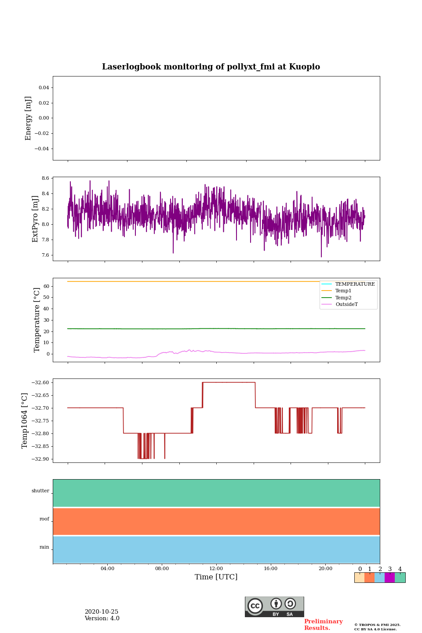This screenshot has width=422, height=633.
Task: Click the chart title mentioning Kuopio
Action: tap(211, 67)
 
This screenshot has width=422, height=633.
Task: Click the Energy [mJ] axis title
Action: tap(29, 118)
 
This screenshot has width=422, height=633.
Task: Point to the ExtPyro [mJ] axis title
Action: tap(36, 219)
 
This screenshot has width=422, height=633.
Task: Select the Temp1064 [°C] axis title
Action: tap(25, 421)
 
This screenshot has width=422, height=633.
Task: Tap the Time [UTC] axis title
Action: tap(216, 577)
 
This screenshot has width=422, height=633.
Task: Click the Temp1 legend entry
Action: tap(343, 291)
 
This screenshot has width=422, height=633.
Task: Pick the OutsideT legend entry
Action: tap(346, 305)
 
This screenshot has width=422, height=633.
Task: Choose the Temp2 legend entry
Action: tap(343, 298)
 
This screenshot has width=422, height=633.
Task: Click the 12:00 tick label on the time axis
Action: tap(216, 569)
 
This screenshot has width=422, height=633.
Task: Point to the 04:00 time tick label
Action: tap(107, 569)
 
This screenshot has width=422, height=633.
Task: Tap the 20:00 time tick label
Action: tap(325, 569)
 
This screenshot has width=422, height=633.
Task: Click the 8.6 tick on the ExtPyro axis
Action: tap(45, 178)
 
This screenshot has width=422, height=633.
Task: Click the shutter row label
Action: tap(40, 491)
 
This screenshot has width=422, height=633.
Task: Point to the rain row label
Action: tap(44, 547)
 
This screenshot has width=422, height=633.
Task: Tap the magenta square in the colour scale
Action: tap(389, 578)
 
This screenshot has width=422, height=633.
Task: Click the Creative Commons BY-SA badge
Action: tap(274, 607)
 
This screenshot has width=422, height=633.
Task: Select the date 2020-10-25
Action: tap(102, 612)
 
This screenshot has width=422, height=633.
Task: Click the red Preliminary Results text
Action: tap(323, 625)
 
